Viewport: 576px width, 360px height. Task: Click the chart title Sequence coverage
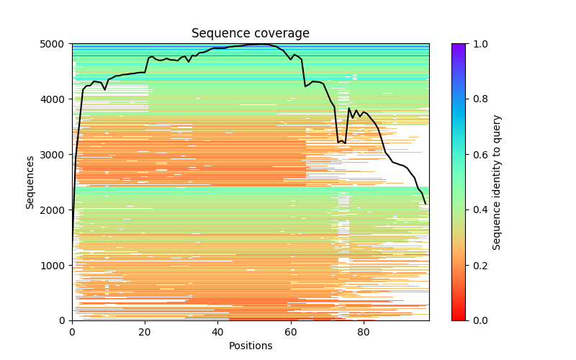pos(251,33)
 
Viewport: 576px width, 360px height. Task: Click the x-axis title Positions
pos(251,346)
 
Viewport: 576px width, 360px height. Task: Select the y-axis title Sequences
pos(30,182)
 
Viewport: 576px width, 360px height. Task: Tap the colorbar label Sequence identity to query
pos(497,182)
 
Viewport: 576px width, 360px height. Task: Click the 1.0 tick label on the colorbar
pos(477,44)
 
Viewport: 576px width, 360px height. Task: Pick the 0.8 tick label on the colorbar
pos(477,99)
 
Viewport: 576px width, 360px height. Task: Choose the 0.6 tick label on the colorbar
pos(477,155)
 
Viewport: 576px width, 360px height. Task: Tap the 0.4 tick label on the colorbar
pos(477,210)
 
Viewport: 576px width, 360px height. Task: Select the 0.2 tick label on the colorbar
pos(477,266)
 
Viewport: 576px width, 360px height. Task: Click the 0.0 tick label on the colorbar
pos(477,320)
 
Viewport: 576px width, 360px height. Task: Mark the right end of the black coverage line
pos(426,204)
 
